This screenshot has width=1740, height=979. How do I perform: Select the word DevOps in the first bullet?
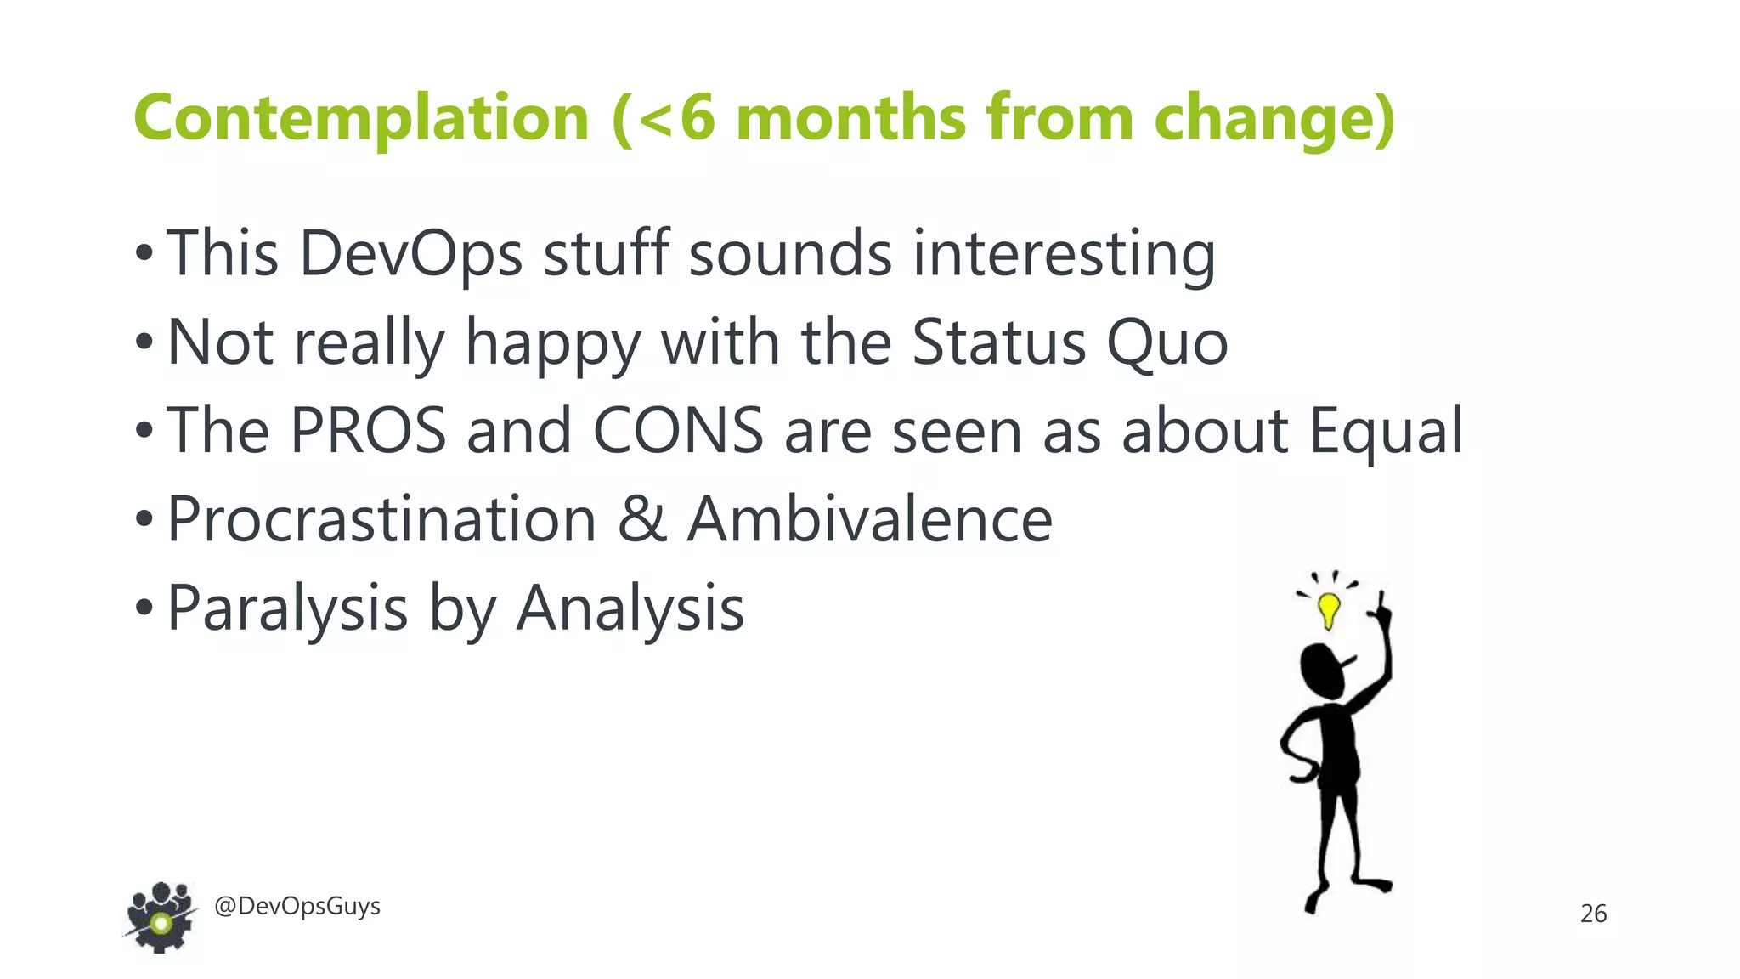coord(410,253)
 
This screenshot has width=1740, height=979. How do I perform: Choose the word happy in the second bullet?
coord(552,344)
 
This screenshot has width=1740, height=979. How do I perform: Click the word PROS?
coord(368,431)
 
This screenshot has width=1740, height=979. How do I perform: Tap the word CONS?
coord(677,431)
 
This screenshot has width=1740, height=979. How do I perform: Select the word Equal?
coord(1385,431)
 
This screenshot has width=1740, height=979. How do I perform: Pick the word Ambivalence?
coord(869,519)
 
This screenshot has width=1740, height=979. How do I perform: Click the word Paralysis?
coord(287,608)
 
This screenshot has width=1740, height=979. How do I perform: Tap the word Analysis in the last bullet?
coord(630,608)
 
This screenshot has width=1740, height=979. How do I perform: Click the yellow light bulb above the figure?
coord(1328,608)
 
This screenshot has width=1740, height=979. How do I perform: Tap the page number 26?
coord(1593,914)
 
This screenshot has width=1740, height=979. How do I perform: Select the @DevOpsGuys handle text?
coord(297,906)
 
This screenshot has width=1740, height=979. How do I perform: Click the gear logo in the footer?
coord(161,918)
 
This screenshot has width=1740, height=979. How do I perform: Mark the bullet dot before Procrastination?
coord(144,519)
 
